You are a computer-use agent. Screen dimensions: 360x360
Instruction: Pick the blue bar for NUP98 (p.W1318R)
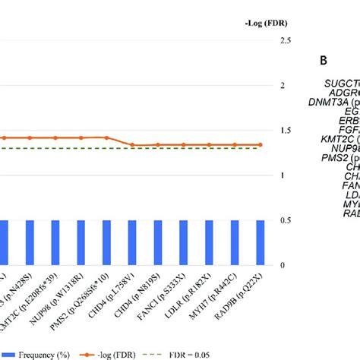click(x=81, y=243)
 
